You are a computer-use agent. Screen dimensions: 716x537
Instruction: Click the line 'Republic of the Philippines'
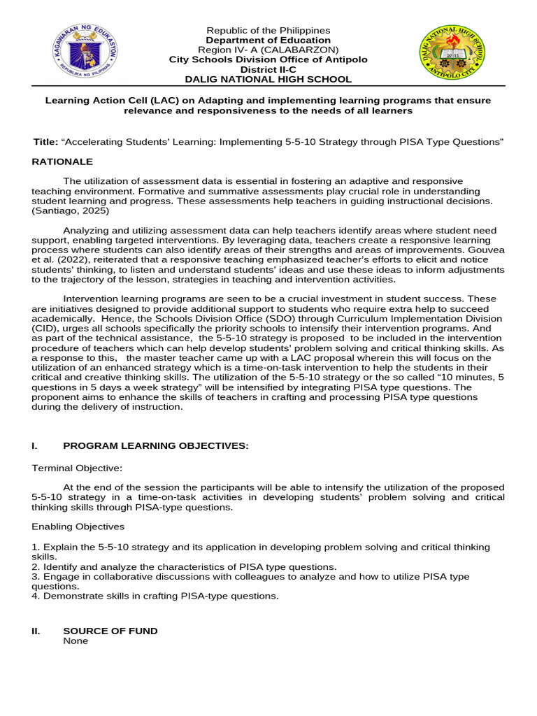268,31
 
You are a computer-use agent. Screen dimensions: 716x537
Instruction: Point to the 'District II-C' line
268,70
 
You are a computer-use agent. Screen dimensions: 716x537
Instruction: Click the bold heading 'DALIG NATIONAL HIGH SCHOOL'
268,80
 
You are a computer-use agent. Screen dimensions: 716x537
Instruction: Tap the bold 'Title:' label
46,142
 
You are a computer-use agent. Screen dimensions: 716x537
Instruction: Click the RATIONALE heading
62,162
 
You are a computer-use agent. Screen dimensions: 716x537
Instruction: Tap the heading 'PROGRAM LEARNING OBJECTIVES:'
156,445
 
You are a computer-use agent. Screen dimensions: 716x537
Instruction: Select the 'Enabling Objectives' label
77,526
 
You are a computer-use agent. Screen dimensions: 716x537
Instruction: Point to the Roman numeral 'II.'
37,631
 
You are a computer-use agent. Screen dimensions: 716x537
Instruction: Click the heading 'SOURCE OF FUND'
110,631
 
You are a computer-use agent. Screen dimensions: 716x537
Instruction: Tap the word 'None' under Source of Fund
76,640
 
